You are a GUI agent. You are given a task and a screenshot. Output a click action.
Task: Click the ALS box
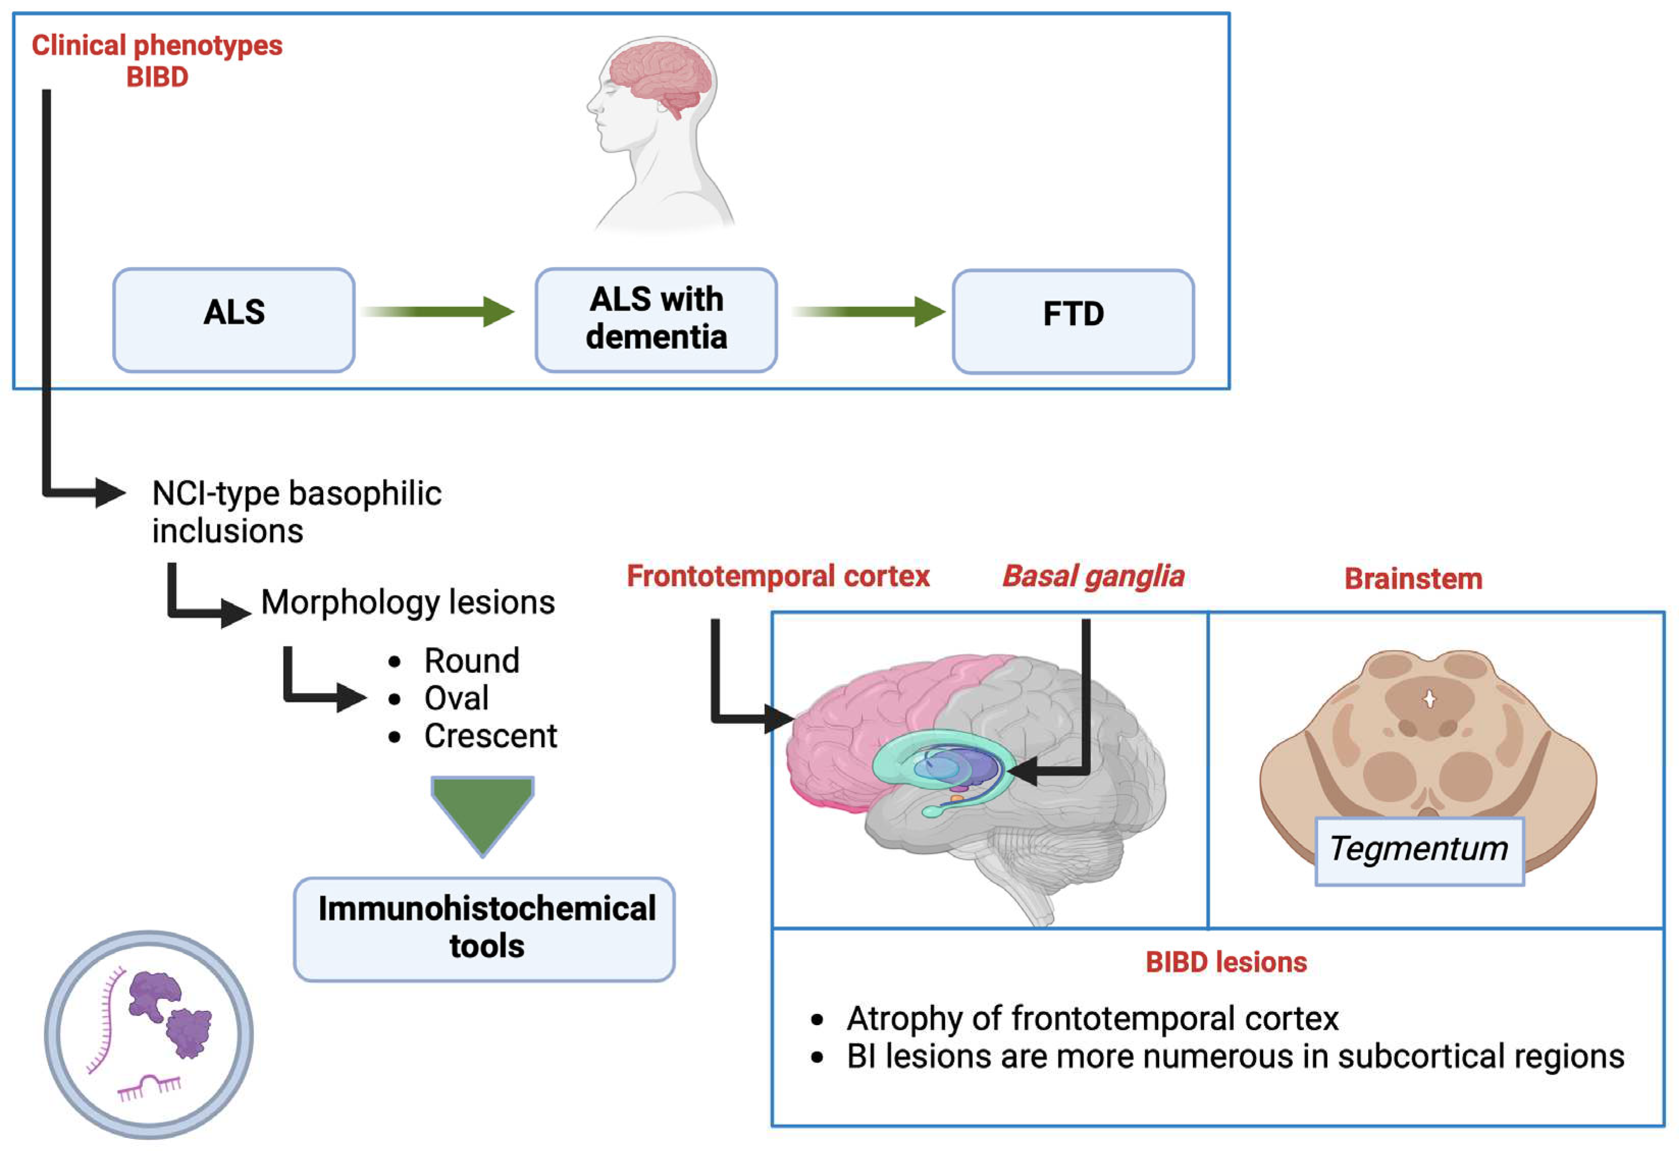[233, 320]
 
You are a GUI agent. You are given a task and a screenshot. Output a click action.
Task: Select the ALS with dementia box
[655, 320]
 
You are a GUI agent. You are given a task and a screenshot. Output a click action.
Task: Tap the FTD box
[1072, 322]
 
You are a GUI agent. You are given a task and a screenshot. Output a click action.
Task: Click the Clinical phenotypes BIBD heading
[157, 61]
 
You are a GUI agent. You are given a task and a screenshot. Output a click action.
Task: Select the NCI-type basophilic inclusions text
[296, 512]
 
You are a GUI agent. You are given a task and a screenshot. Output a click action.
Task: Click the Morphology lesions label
[408, 602]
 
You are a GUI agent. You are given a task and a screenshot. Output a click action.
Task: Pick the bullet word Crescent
[490, 736]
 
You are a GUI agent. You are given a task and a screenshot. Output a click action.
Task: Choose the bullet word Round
[471, 660]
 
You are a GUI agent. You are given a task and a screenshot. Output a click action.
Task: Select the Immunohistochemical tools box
[484, 928]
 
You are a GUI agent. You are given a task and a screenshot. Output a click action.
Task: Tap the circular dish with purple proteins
[149, 1033]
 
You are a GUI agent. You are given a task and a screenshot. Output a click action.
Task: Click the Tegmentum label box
[1419, 850]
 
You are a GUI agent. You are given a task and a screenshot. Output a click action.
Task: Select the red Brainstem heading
[1413, 579]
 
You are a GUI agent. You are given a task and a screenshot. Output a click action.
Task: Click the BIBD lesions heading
[1225, 961]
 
